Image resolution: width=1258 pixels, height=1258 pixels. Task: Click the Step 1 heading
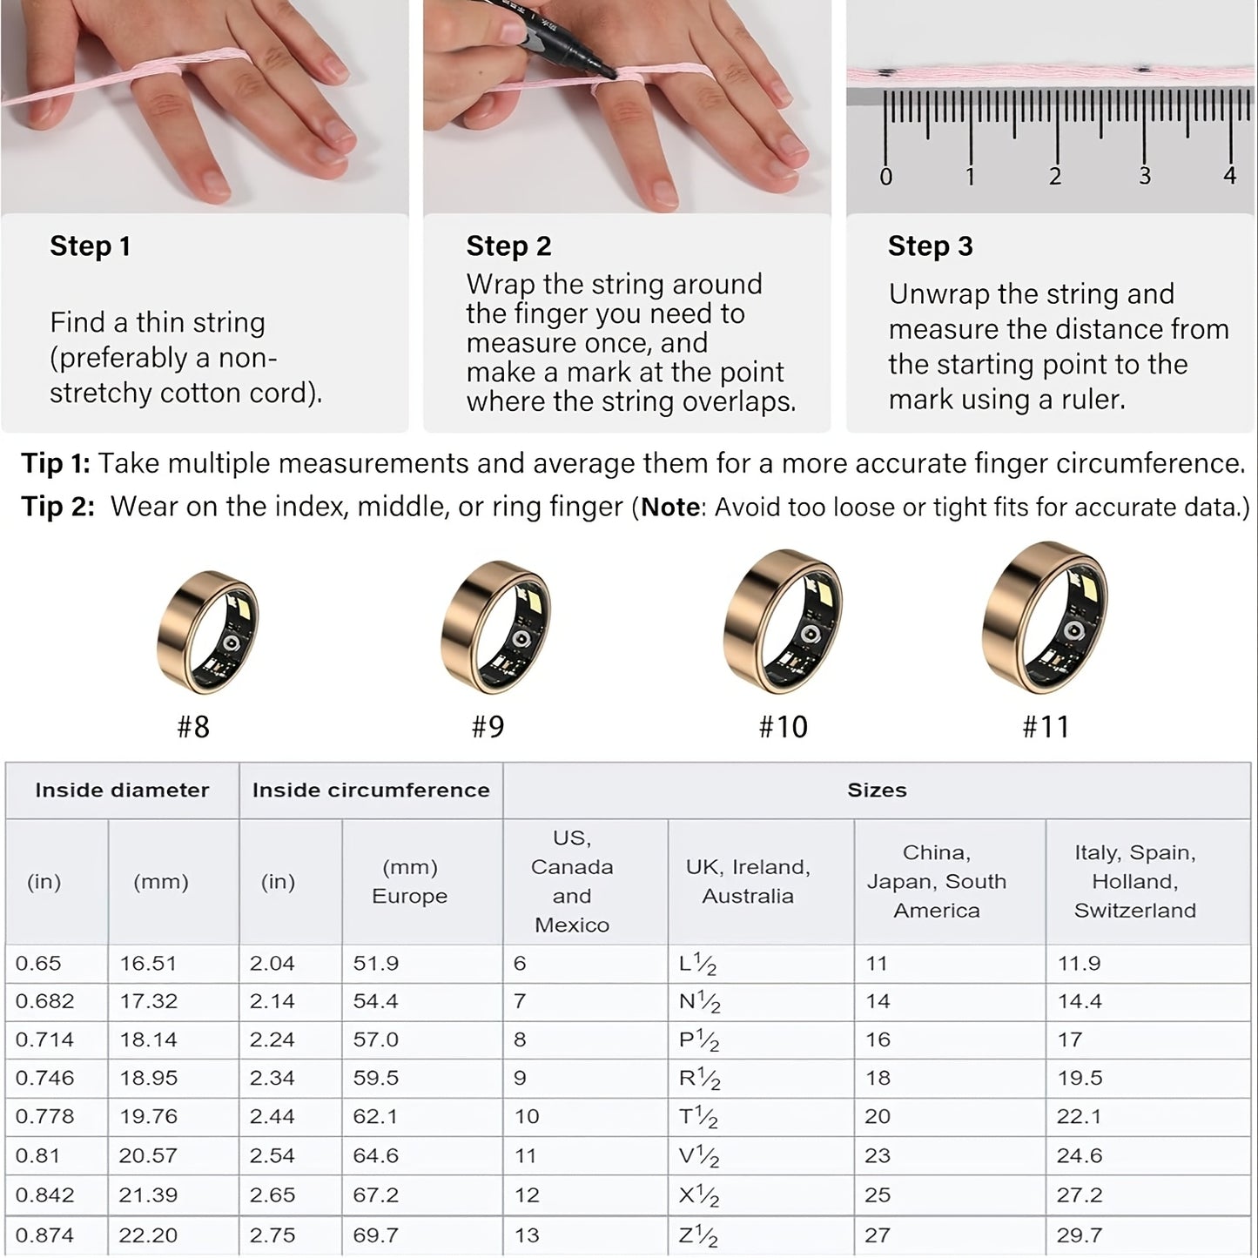pos(90,246)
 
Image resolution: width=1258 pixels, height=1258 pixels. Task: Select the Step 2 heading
pos(508,246)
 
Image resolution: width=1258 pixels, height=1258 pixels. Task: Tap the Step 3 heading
pos(930,246)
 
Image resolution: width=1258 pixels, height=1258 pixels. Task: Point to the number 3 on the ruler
pos(1144,177)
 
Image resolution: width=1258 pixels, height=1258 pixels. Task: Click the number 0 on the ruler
pos(885,177)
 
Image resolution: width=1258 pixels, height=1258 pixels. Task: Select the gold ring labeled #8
pos(208,633)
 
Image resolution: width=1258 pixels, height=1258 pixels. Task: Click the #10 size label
pos(783,727)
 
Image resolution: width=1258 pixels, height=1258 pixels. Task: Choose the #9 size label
pos(488,727)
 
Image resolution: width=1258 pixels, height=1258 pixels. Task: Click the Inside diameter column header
pos(122,790)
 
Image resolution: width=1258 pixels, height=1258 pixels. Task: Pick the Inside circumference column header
pos(371,790)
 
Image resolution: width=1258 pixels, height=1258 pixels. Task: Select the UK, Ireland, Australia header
pos(748,881)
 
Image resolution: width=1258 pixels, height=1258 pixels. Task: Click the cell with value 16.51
pos(148,964)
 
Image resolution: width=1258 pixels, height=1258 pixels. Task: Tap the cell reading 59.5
pos(375,1078)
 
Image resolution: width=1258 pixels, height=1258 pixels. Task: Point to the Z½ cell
pos(698,1235)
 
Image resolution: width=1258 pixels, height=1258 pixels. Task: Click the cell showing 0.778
pos(44,1116)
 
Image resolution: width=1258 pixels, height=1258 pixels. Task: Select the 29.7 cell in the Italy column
pos(1080,1235)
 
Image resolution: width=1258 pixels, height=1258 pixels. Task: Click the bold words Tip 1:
pos(56,463)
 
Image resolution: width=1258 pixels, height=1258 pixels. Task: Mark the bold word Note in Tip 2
pos(670,507)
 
